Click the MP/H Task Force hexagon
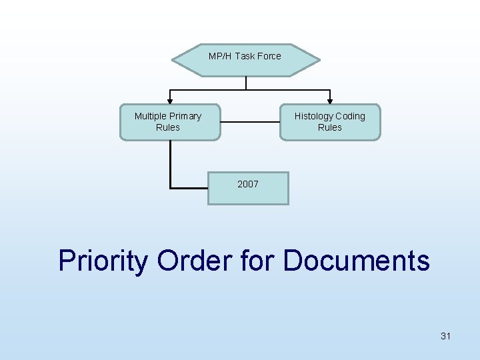[x=245, y=60]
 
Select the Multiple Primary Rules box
[x=169, y=122]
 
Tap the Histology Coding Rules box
[x=330, y=122]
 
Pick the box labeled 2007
[x=248, y=188]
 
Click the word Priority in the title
[x=103, y=260]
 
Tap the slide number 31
[x=445, y=336]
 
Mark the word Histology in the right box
[x=313, y=116]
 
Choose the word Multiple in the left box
[x=151, y=116]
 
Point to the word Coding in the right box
[x=350, y=116]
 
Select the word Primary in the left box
[x=185, y=116]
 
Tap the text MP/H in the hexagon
[x=220, y=56]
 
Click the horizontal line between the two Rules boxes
[x=249, y=122]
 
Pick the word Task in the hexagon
[x=244, y=56]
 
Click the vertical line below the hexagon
[x=246, y=83]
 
